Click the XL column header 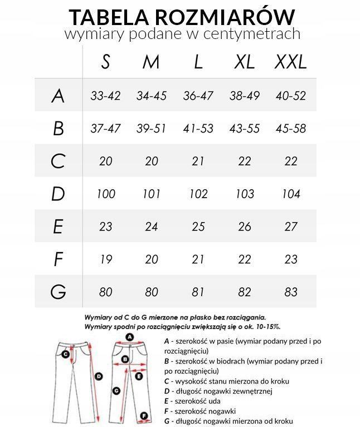(x=245, y=62)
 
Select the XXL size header (x=290, y=62)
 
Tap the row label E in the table (x=58, y=227)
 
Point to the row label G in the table (x=58, y=292)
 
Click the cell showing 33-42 (x=105, y=96)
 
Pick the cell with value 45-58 (x=291, y=129)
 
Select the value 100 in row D (x=105, y=194)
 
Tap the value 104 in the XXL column (x=291, y=194)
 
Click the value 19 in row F (x=105, y=259)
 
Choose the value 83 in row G (x=291, y=292)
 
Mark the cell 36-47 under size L (x=198, y=96)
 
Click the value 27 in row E (x=291, y=227)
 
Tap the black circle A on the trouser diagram (x=130, y=337)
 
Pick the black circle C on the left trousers (x=66, y=354)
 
